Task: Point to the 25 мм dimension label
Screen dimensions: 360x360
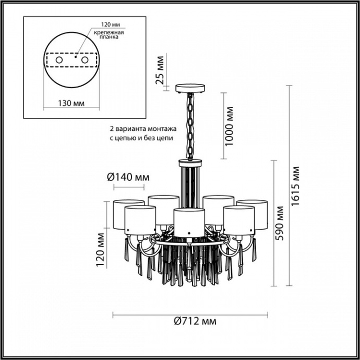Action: pyautogui.click(x=161, y=70)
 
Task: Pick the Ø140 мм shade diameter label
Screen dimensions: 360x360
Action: pyautogui.click(x=127, y=177)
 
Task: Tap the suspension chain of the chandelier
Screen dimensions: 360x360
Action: pyautogui.click(x=191, y=125)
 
